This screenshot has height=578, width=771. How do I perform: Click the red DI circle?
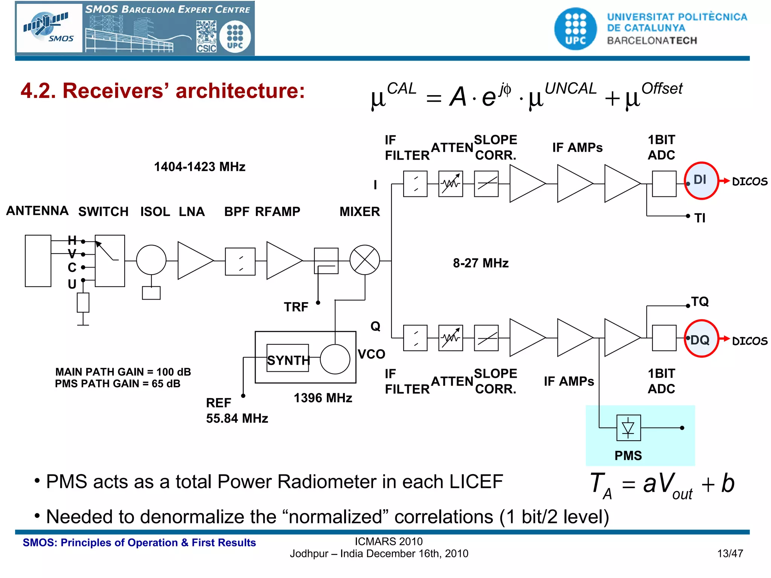(701, 181)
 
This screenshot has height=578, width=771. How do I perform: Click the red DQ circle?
(701, 339)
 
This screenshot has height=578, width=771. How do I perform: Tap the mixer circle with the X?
(364, 260)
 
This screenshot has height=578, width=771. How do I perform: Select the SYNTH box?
(288, 359)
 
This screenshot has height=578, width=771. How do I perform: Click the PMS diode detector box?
(628, 427)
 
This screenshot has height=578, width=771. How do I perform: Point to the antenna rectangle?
(38, 261)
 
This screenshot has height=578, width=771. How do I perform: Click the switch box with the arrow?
(110, 261)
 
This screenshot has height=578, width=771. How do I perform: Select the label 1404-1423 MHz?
(200, 167)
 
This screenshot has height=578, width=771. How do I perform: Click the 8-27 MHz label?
(481, 263)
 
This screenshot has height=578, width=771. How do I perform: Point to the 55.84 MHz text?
(237, 418)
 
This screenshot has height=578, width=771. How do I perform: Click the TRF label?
(296, 307)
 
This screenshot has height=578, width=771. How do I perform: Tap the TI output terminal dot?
(688, 216)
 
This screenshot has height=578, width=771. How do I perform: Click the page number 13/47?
(730, 554)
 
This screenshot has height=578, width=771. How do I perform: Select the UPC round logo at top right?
(575, 29)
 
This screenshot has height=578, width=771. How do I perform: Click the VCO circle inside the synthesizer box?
(335, 359)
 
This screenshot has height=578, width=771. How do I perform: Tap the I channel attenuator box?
(450, 184)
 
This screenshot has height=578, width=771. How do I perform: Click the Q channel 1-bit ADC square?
(664, 338)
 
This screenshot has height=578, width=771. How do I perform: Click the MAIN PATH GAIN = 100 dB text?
(123, 372)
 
